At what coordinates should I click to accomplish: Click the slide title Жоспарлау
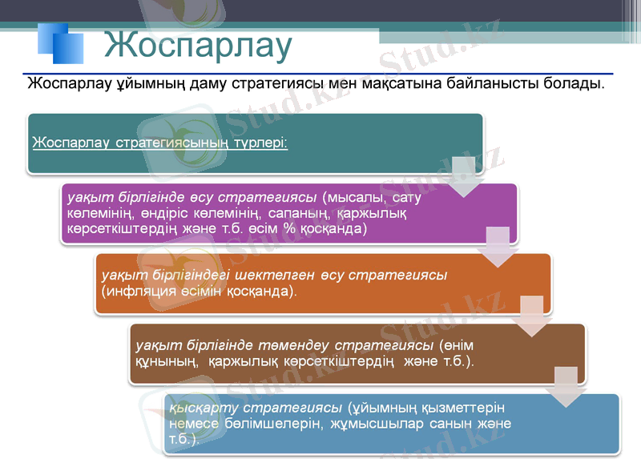tap(197, 46)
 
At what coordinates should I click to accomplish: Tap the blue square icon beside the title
tap(61, 42)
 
